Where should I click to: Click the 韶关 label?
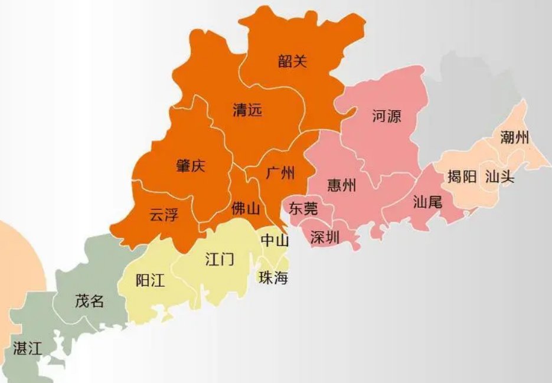pos(293,61)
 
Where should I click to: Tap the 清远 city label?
pos(247,110)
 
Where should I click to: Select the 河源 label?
pos(387,116)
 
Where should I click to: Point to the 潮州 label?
pos(514,138)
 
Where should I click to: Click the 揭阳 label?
pos(462,176)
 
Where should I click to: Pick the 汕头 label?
pos(499,176)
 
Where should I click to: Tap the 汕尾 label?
pos(427,202)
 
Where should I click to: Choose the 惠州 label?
pos(341,185)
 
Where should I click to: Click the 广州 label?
pos(280,173)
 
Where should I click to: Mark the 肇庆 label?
pos(190,166)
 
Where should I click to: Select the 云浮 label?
pos(164,215)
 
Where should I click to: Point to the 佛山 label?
pos(246,208)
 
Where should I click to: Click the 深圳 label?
pos(325,237)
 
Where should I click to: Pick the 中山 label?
pos(275,241)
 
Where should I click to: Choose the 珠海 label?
pos(273,278)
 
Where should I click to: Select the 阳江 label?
pos(150,280)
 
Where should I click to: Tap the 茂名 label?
pos(90,301)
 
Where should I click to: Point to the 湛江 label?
pos(27,348)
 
